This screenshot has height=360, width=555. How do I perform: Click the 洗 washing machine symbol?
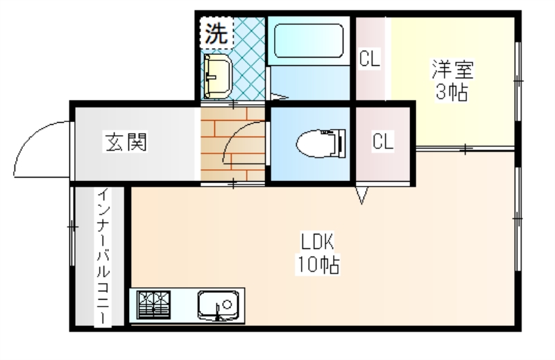point(216,33)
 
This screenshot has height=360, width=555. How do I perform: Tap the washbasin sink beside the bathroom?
point(216,76)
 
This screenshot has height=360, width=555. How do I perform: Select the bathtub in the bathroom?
point(309,40)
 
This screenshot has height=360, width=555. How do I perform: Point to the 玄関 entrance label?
point(126,142)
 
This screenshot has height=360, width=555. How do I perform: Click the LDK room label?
point(317,241)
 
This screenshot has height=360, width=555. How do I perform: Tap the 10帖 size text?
point(318,264)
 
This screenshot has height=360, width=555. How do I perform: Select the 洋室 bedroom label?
point(452,69)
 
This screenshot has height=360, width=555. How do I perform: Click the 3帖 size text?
point(452,92)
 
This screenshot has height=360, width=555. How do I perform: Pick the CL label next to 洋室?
point(370,58)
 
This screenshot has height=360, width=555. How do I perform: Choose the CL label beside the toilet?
point(383,141)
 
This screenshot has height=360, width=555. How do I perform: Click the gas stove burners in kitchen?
point(153,305)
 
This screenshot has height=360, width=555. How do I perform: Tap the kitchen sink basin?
point(218,305)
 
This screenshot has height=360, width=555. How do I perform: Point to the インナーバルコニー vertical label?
point(103,257)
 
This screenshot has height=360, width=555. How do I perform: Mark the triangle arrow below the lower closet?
point(361,196)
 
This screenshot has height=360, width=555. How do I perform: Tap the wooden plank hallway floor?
point(233,144)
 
